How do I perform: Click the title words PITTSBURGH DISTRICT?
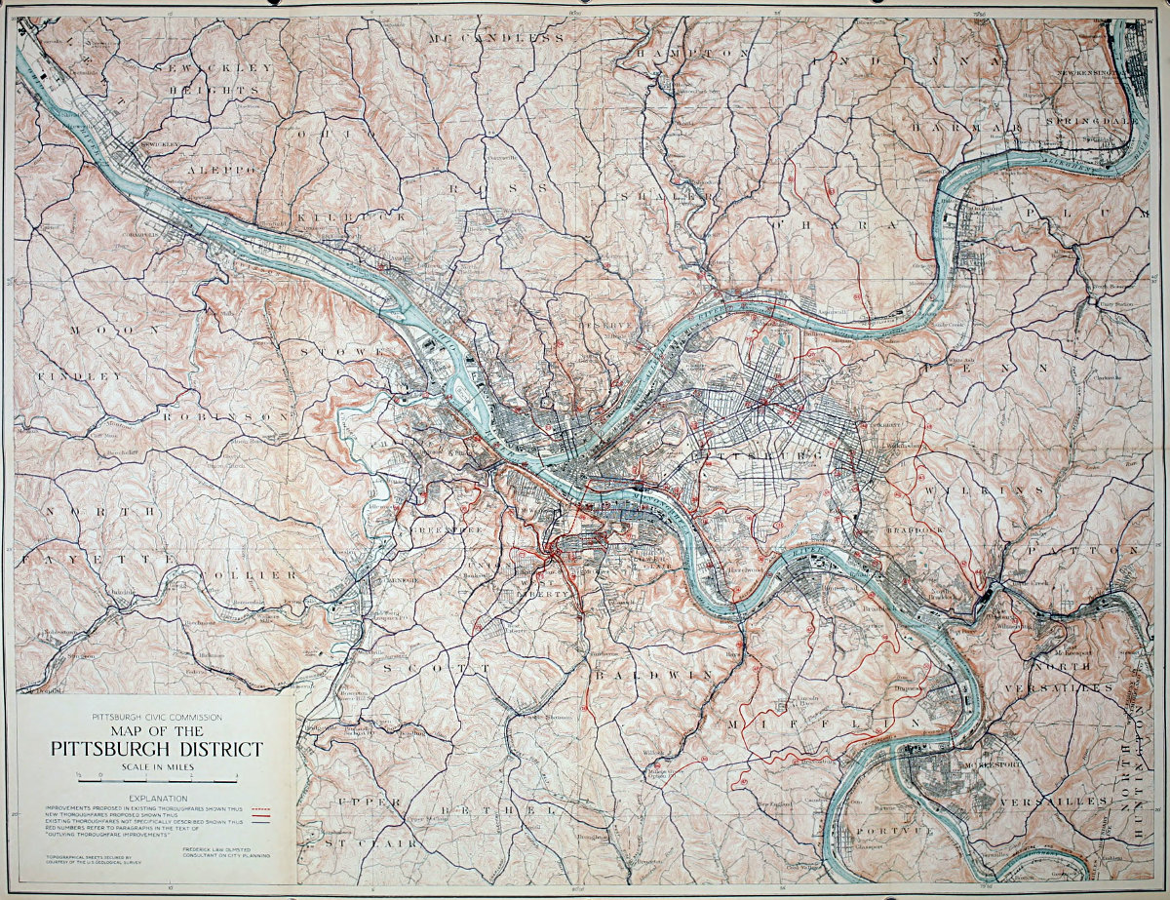click(157, 749)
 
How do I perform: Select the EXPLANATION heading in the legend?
click(157, 798)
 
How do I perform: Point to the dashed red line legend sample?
click(260, 808)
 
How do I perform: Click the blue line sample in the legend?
click(260, 824)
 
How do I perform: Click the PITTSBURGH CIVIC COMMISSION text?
click(157, 717)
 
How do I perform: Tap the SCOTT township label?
click(436, 669)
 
